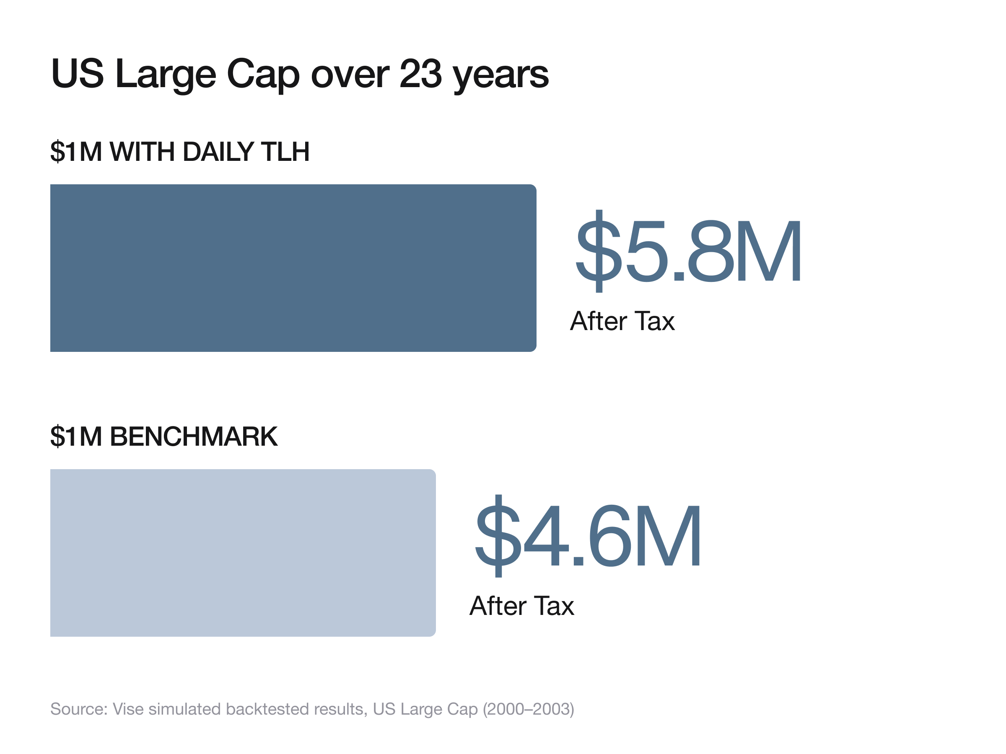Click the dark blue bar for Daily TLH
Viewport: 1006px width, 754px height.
click(x=293, y=268)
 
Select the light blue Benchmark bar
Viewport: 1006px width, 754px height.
click(x=243, y=552)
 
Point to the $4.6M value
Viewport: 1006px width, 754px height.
click(x=588, y=535)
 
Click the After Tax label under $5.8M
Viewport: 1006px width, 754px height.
click(x=622, y=321)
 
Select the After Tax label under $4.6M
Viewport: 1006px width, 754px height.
click(x=521, y=605)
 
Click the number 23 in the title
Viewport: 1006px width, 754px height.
click(x=421, y=74)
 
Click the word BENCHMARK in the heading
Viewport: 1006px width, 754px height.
click(x=194, y=436)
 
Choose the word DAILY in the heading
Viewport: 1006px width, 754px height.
click(x=220, y=151)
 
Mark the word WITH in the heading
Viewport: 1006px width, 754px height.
click(x=143, y=151)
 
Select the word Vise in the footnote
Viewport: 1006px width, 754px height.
click(x=128, y=709)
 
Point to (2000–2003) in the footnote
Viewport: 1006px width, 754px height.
click(x=529, y=709)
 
